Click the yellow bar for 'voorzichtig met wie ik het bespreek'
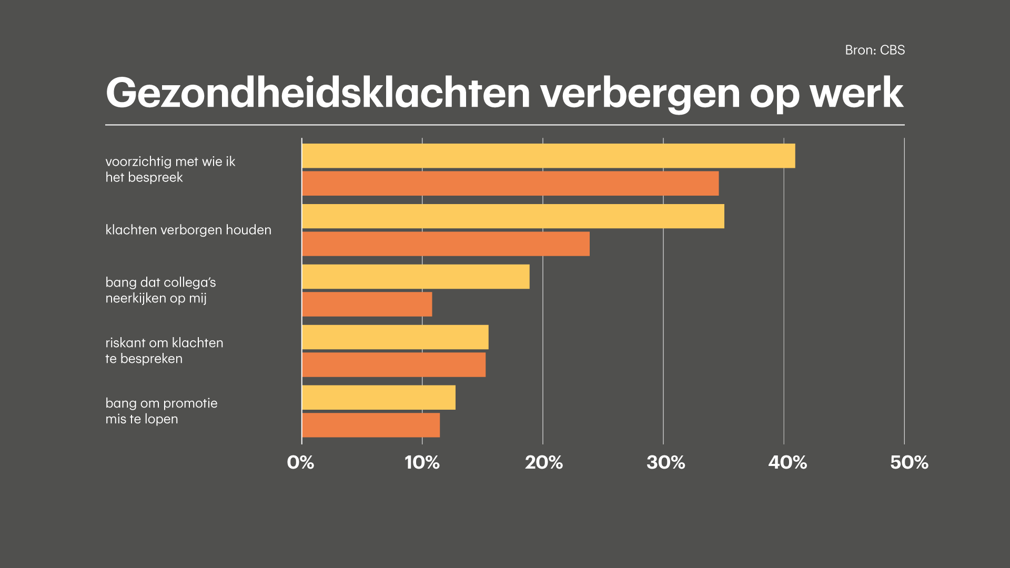click(548, 156)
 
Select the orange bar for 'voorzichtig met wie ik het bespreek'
click(510, 184)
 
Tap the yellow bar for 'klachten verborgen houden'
click(513, 216)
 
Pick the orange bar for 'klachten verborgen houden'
click(446, 244)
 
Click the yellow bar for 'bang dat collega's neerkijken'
click(416, 277)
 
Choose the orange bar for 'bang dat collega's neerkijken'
click(367, 305)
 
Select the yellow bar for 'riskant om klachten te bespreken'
click(395, 337)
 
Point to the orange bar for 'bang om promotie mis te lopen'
click(371, 425)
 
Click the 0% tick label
click(300, 462)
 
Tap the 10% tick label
click(422, 462)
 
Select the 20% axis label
click(543, 462)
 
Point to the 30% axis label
click(665, 462)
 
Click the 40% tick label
click(787, 462)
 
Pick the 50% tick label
click(909, 462)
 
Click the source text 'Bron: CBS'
click(875, 50)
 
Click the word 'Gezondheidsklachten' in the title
click(318, 93)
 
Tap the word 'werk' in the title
click(856, 93)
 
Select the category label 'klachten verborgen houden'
click(188, 230)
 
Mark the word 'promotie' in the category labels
click(190, 403)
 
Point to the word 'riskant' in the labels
click(125, 343)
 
